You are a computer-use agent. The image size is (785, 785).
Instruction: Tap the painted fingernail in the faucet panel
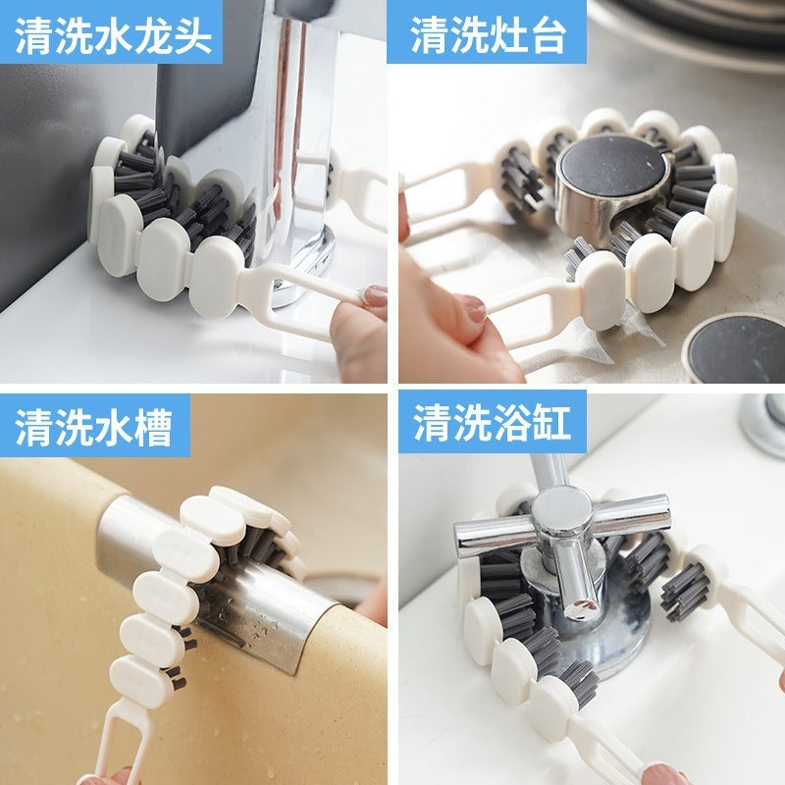coord(375,296)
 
